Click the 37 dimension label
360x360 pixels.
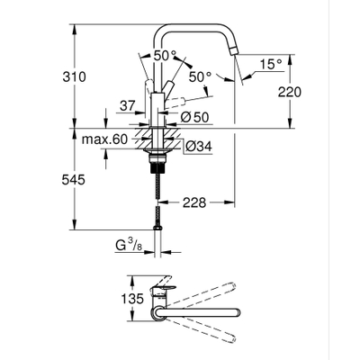[x=128, y=106]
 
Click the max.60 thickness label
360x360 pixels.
[x=103, y=139]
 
